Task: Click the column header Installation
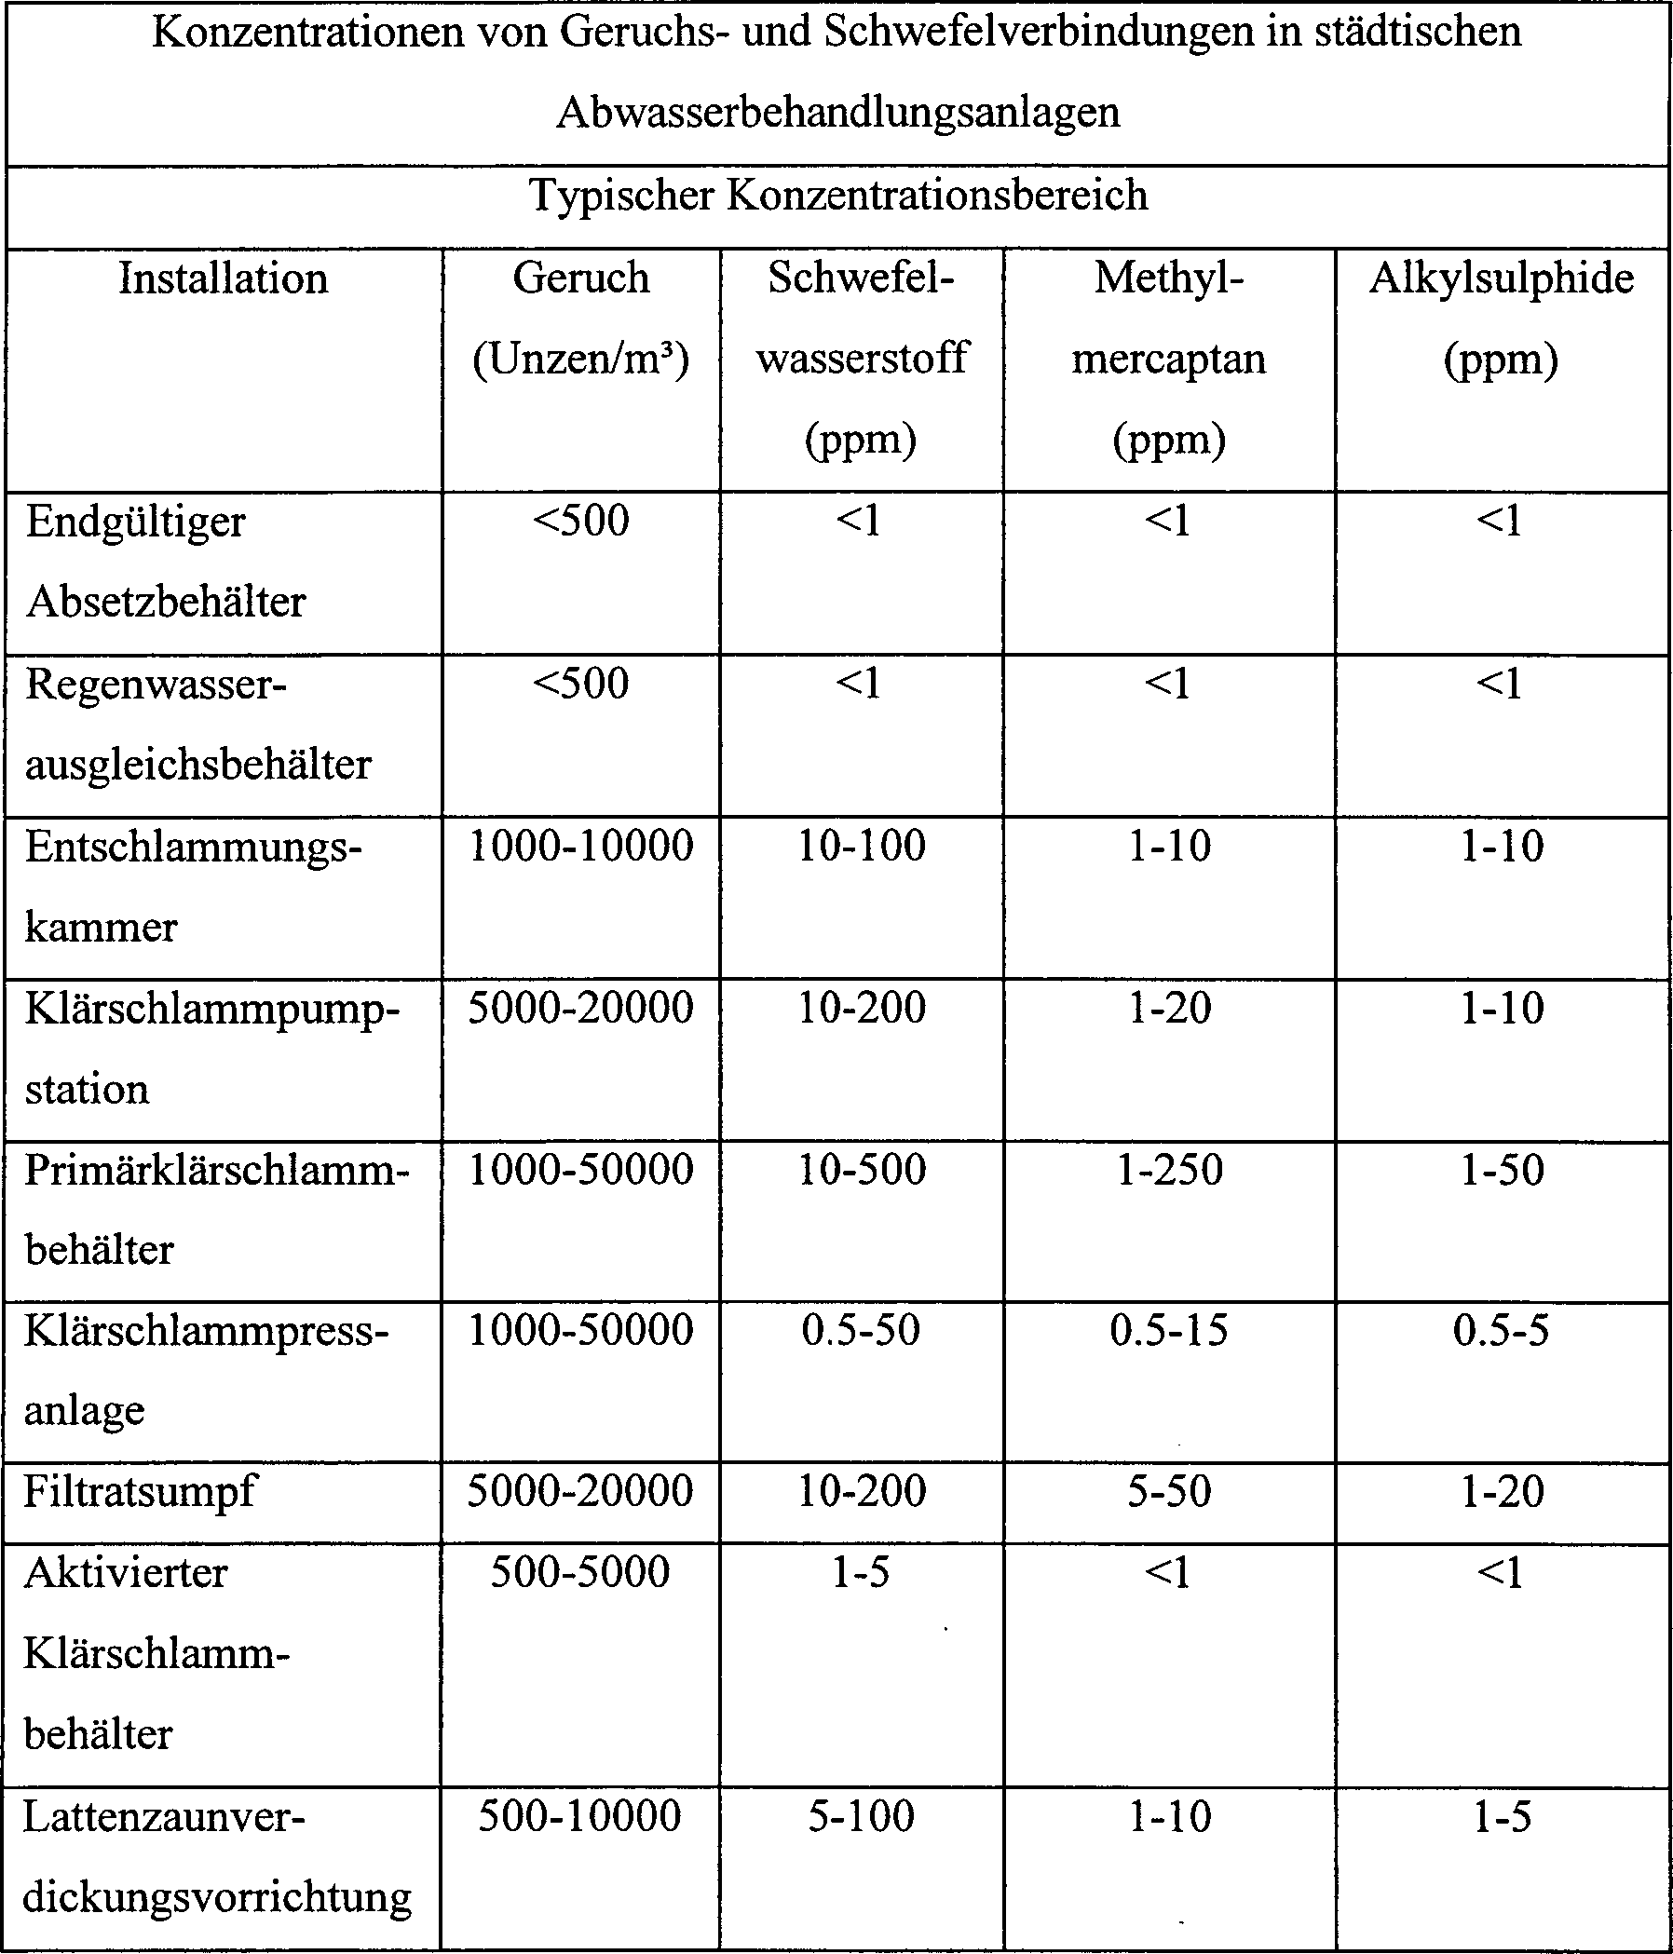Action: pos(224,279)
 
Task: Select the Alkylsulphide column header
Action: pos(1502,279)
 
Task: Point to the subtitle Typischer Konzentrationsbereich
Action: pos(837,197)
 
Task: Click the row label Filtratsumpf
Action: pos(140,1492)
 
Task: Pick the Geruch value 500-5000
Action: pos(580,1572)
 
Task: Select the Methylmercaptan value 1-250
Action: pos(1169,1170)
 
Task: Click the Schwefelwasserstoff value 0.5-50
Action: pos(861,1330)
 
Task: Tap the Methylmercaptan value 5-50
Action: pos(1169,1492)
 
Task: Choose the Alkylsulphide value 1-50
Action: pos(1502,1170)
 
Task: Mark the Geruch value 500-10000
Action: pos(580,1815)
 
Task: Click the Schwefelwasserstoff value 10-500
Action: pos(862,1170)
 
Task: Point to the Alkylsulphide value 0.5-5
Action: pos(1501,1330)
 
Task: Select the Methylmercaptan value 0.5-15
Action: pos(1169,1330)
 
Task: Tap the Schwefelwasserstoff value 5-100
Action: pos(861,1815)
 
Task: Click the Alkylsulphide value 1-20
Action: pos(1502,1492)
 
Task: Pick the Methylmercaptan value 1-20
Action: pos(1169,1008)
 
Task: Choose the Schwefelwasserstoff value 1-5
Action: pos(861,1572)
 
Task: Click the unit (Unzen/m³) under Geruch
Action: pos(581,360)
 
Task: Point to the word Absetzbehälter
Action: pos(166,602)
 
